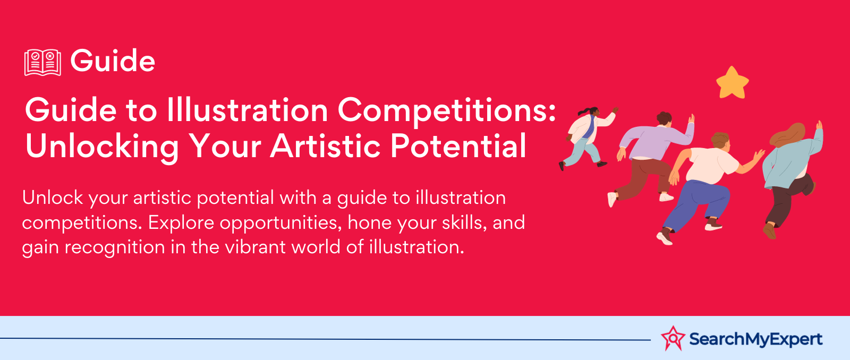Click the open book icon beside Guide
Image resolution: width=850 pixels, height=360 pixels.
tap(42, 62)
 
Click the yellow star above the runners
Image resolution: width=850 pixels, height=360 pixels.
tap(732, 83)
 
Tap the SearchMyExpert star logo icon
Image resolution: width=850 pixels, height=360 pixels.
tap(673, 338)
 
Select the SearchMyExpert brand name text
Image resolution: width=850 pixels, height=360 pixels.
tap(755, 339)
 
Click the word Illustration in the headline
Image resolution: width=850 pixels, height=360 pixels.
tap(247, 110)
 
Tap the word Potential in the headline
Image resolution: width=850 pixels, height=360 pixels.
tap(458, 145)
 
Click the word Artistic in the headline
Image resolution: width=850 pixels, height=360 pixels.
tap(325, 145)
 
